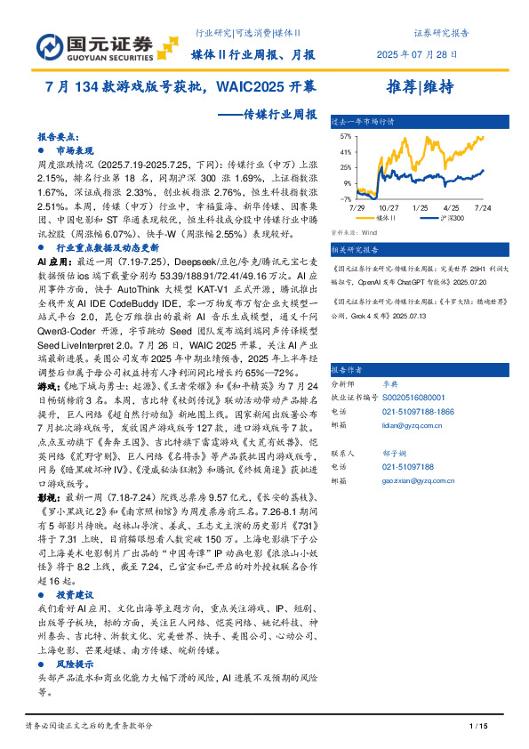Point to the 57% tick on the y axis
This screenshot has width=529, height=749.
tap(346, 137)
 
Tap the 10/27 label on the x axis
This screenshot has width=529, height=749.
tap(388, 206)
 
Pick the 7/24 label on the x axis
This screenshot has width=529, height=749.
tap(482, 206)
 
